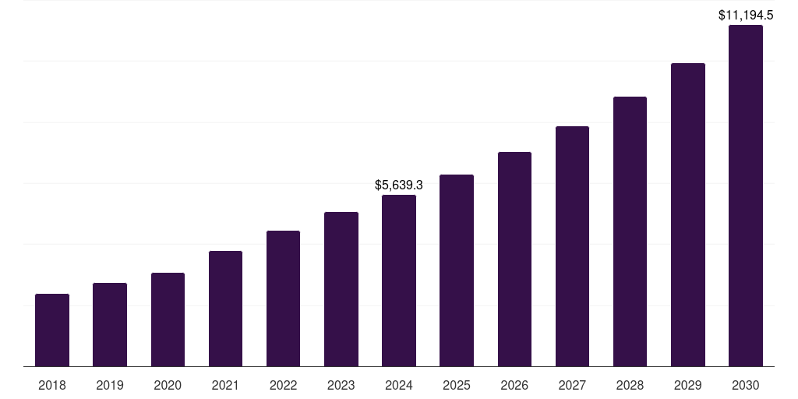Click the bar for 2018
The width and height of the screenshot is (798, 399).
click(x=52, y=330)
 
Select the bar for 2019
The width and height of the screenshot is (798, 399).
click(x=110, y=324)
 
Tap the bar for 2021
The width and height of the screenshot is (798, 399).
click(x=225, y=309)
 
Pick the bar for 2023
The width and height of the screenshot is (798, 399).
click(x=341, y=289)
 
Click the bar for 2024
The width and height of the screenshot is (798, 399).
click(x=399, y=281)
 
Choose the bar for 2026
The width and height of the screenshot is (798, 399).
click(x=514, y=259)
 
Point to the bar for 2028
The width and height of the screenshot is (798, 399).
click(x=630, y=231)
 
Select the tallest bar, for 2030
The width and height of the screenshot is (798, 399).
click(x=746, y=196)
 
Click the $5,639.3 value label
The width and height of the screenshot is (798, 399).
click(x=399, y=185)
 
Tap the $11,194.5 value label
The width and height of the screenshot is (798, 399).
click(x=746, y=15)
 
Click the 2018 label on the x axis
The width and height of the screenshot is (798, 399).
click(x=52, y=385)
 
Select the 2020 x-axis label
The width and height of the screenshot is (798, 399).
click(x=168, y=385)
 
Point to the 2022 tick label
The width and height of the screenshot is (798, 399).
click(x=283, y=385)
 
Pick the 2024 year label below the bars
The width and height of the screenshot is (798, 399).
click(x=399, y=385)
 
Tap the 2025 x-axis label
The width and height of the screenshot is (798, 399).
click(x=457, y=385)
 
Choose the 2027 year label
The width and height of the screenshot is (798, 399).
click(x=572, y=385)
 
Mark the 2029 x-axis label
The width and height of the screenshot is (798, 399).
click(x=688, y=385)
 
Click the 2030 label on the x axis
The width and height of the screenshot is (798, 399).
click(x=746, y=385)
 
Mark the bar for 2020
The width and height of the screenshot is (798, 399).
click(x=168, y=320)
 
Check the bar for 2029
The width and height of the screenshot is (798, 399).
click(x=688, y=214)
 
